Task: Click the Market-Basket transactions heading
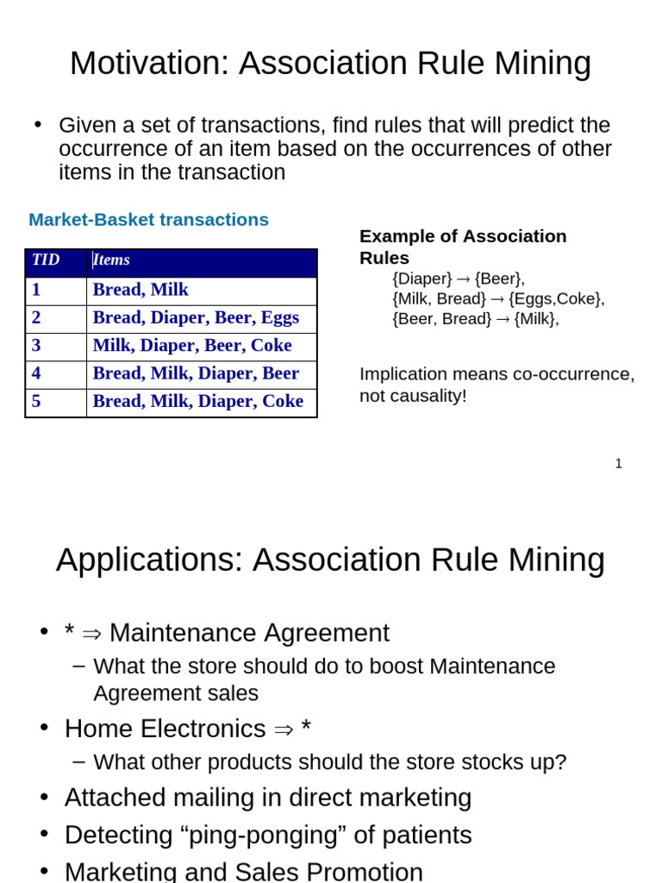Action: click(x=148, y=220)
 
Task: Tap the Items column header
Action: click(x=111, y=260)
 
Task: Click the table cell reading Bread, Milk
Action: click(x=141, y=290)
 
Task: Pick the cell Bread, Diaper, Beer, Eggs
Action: click(x=196, y=317)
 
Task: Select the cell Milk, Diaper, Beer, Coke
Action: click(x=192, y=346)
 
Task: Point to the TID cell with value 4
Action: click(x=36, y=373)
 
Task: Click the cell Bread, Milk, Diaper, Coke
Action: click(x=197, y=401)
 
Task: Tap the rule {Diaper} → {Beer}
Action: click(x=458, y=279)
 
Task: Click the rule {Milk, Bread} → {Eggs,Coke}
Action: click(x=498, y=298)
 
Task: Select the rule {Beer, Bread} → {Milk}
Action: click(x=475, y=319)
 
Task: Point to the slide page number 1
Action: click(x=618, y=464)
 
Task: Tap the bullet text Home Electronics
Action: click(x=165, y=730)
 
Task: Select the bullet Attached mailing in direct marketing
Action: click(x=268, y=798)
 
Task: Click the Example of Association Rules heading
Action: click(x=463, y=247)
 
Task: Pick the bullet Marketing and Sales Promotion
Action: click(x=243, y=871)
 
